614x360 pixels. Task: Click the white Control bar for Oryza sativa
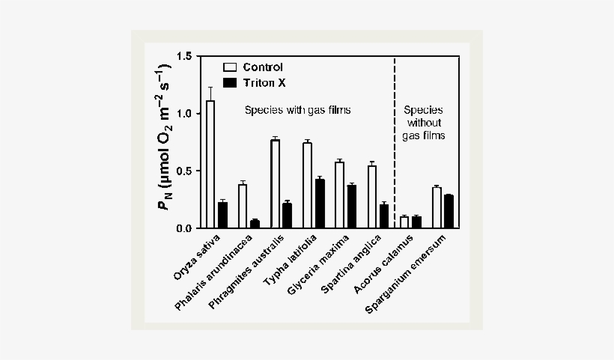[x=210, y=165]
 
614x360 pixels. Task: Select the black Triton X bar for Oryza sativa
[x=222, y=216]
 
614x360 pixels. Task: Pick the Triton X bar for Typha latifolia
[x=320, y=204]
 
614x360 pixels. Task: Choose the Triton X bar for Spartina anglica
[x=383, y=216]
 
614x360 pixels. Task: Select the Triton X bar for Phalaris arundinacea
[x=255, y=224]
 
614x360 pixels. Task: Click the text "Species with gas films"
[x=298, y=110]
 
